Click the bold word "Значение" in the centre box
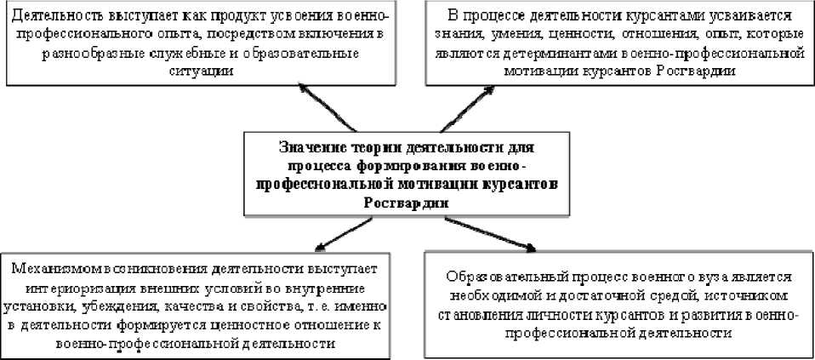[x=314, y=147]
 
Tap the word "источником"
[x=737, y=296]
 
